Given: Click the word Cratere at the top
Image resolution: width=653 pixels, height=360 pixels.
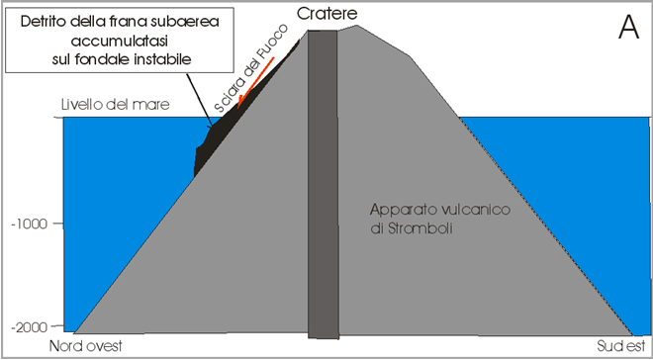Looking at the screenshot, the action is point(327,14).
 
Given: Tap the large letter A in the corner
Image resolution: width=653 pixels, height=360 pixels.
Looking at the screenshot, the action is point(628,28).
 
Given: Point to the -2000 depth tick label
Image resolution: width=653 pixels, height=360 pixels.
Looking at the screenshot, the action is point(28,326).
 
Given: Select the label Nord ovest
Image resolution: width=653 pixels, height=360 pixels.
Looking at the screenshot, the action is point(87,346).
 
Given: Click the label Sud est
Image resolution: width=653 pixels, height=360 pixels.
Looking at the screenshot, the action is point(621,346).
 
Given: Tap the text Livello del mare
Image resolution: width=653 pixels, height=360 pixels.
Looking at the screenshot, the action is point(116,105).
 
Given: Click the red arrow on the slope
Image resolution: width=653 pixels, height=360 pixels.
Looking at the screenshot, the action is point(255,82).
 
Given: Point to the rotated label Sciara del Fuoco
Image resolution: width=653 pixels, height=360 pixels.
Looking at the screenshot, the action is point(250,68).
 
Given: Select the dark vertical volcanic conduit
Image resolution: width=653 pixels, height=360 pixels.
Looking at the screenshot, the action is point(323,184).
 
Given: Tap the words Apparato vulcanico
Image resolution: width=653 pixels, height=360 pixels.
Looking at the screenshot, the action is point(439,210).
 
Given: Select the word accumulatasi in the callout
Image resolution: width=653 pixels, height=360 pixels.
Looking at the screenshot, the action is point(121,42).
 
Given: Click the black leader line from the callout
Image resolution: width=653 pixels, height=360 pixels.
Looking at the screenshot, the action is point(200,100).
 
